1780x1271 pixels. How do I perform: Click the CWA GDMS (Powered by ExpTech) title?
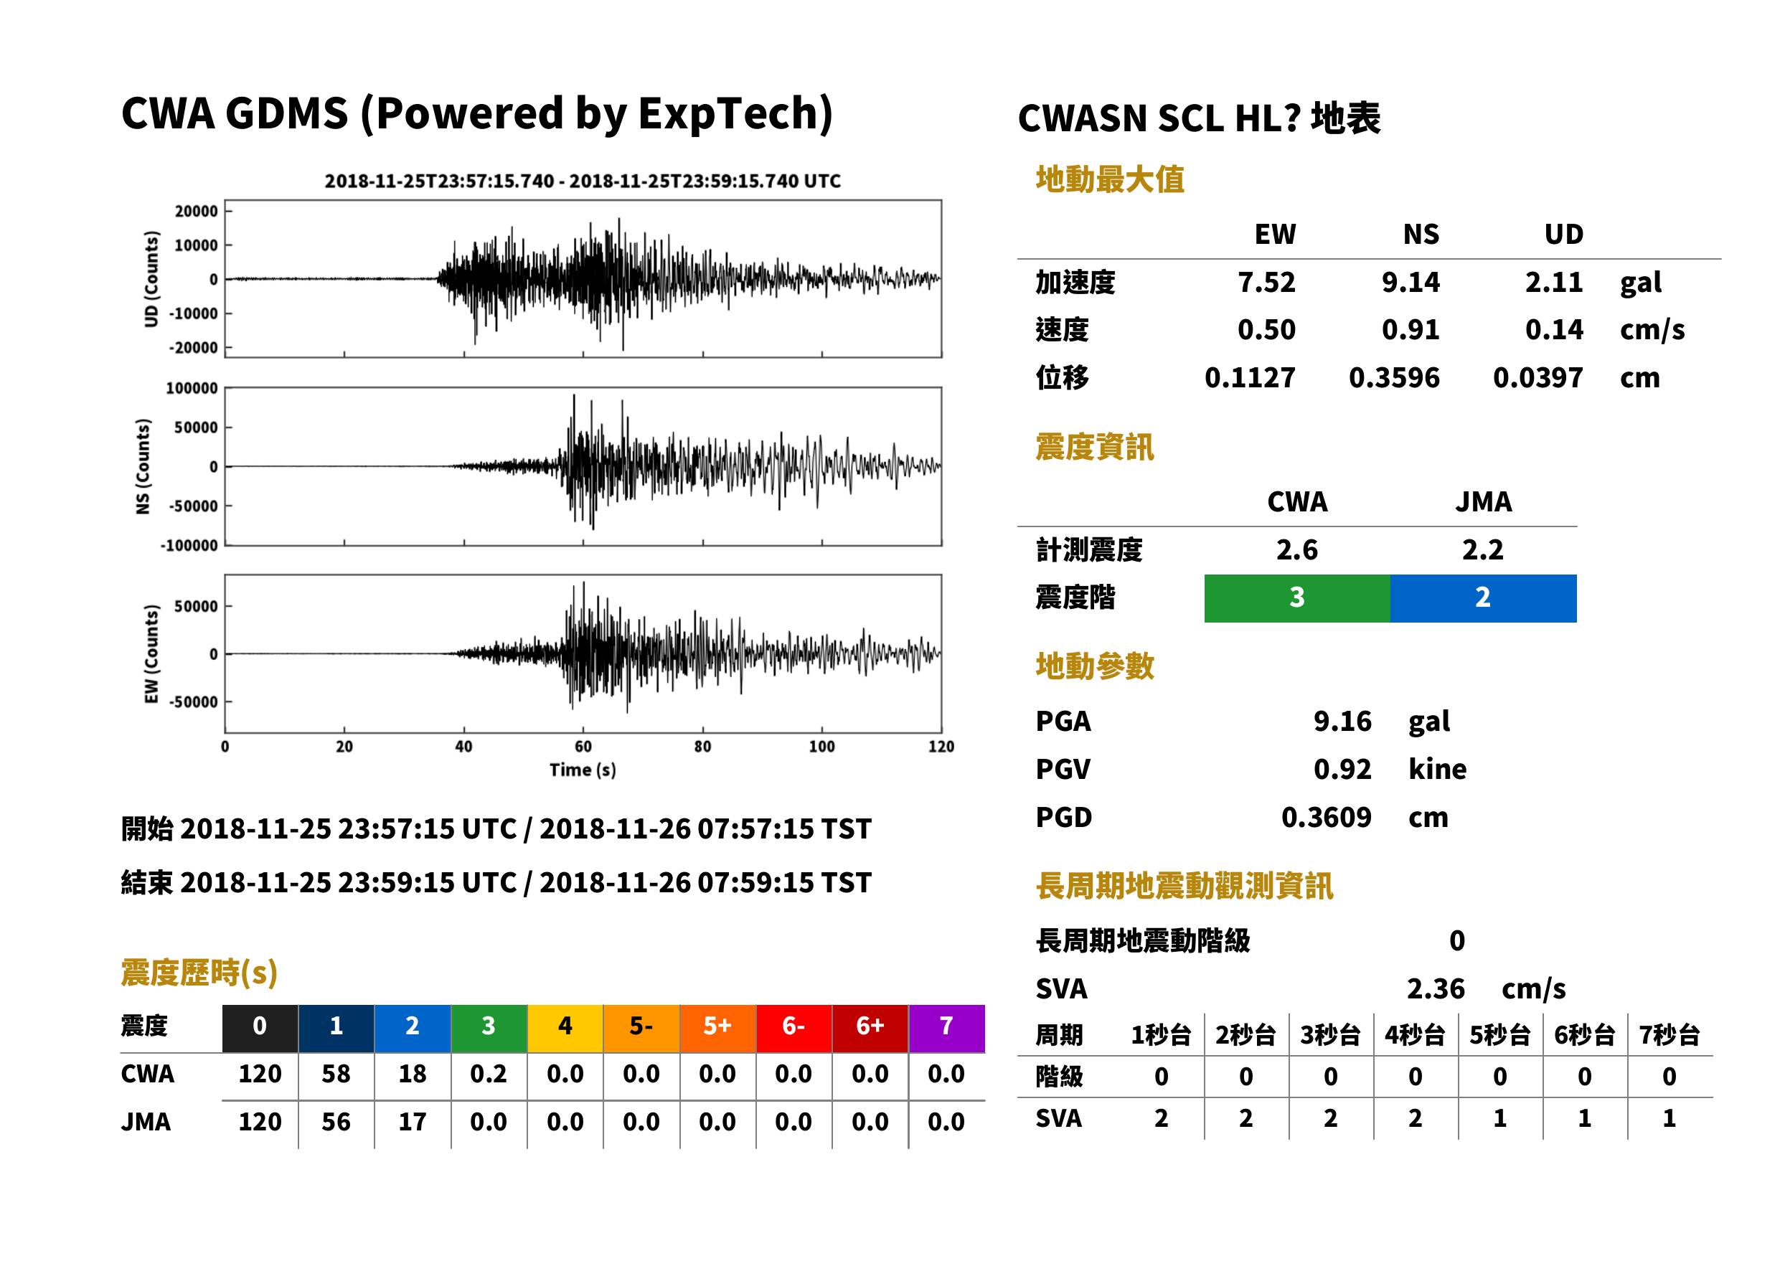point(476,113)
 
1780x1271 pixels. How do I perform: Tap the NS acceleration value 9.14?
point(1410,283)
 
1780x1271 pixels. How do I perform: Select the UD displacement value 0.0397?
point(1538,378)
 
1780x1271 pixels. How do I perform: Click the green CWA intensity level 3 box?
point(1297,598)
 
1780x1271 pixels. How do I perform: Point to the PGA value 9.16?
point(1342,721)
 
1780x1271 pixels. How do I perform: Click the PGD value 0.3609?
point(1326,818)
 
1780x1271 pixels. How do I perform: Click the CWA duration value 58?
point(336,1074)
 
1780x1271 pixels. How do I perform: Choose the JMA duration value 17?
point(413,1123)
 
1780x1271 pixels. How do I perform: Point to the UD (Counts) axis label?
point(151,280)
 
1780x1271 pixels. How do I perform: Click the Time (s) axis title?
point(583,770)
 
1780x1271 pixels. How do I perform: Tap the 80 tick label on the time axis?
point(702,747)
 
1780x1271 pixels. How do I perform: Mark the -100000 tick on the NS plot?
point(189,547)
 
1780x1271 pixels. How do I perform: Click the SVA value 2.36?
point(1436,989)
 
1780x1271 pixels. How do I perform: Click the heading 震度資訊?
point(1094,448)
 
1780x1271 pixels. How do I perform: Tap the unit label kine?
point(1437,770)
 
